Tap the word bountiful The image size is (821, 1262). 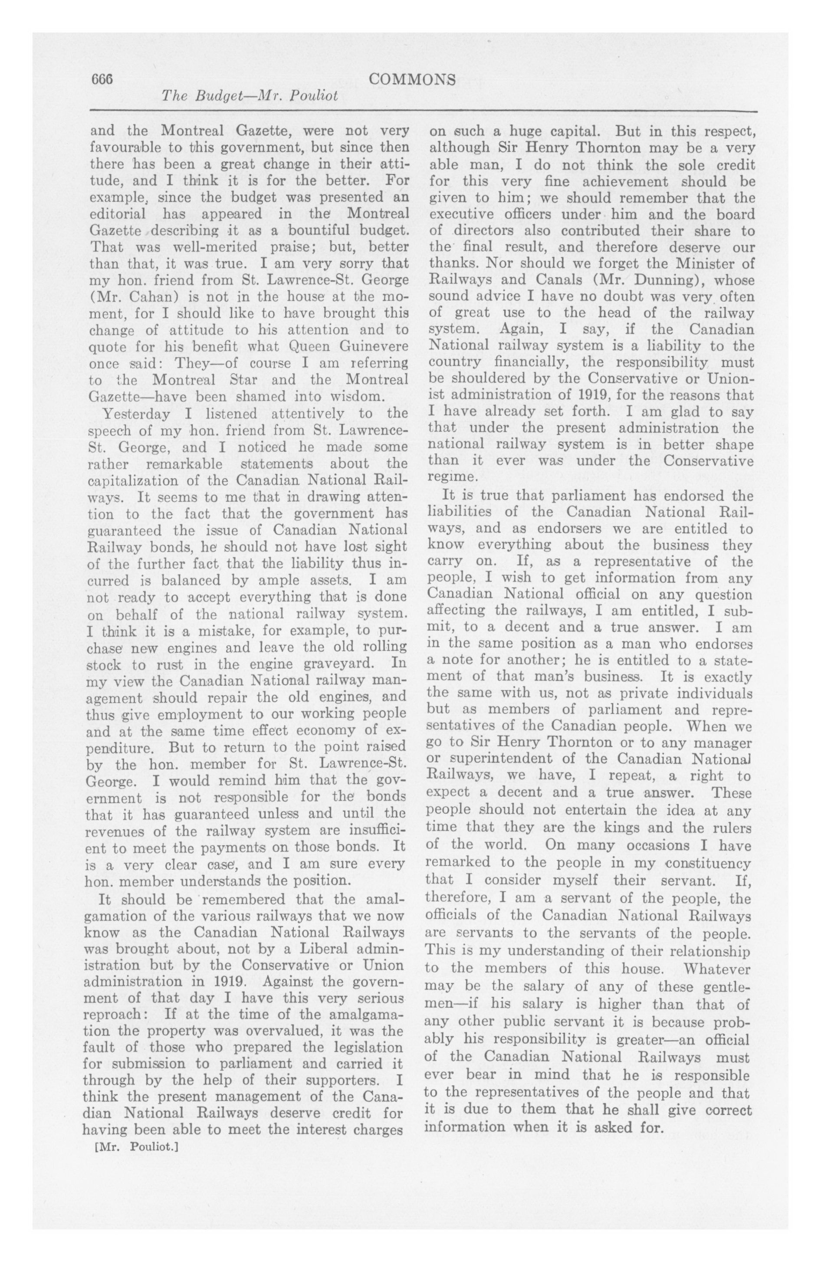[x=336, y=231]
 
